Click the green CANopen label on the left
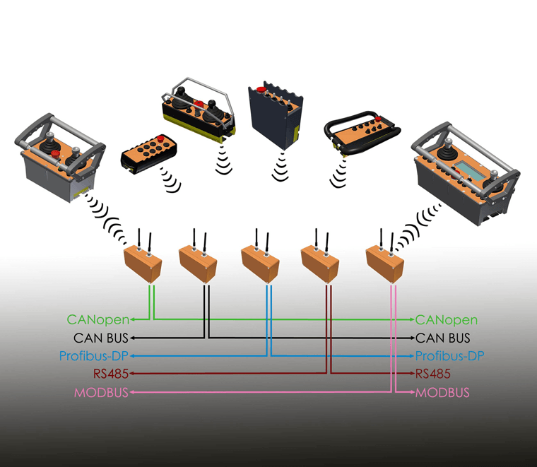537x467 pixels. click(98, 320)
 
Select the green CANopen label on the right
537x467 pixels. click(452, 320)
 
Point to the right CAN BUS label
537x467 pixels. click(443, 338)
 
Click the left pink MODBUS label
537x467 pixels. click(102, 392)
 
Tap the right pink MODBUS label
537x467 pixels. click(442, 392)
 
